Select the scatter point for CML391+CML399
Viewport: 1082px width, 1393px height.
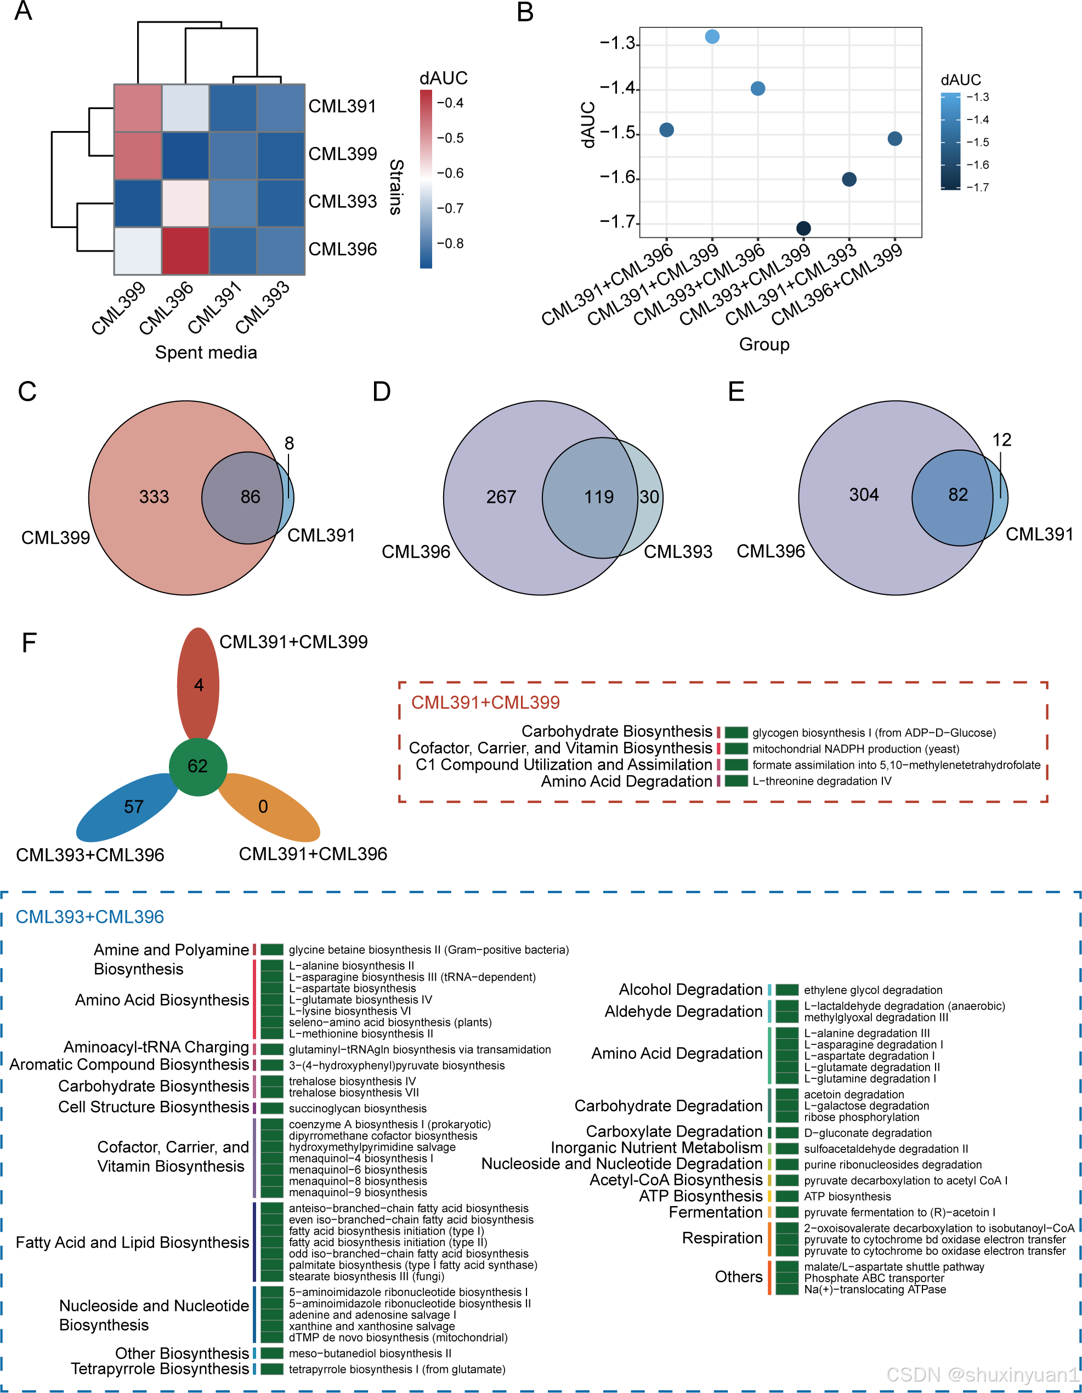tap(712, 36)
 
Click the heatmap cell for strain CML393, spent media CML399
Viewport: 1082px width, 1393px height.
tap(138, 203)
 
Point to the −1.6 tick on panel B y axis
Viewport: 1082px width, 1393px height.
tap(618, 178)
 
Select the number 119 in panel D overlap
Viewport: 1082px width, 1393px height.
tap(598, 497)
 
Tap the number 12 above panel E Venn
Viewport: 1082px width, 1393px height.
tap(1001, 440)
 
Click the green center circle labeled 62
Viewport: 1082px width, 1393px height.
tap(198, 766)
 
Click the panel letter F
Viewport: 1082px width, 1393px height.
tap(29, 643)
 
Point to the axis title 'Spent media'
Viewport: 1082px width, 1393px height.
tap(206, 352)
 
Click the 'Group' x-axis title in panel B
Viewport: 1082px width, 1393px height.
tap(764, 344)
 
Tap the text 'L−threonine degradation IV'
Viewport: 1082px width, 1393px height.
tap(821, 781)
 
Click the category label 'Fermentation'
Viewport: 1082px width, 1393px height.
tap(715, 1212)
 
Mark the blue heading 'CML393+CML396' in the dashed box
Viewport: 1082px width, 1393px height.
tap(90, 917)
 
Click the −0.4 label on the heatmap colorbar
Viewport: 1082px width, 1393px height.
tap(450, 103)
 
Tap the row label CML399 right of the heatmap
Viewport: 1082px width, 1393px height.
tap(343, 153)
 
